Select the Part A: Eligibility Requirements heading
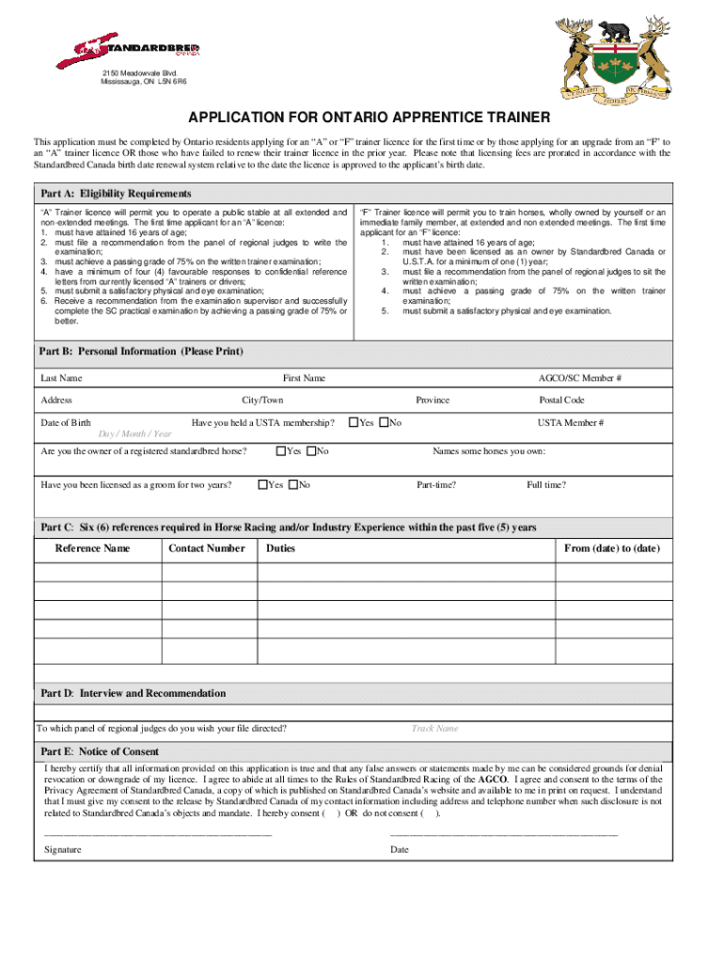click(116, 194)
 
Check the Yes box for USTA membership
click(354, 423)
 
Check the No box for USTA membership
click(383, 423)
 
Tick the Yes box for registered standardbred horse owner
click(281, 451)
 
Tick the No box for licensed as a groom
click(292, 485)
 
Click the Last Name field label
click(61, 378)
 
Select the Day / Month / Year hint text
click(135, 434)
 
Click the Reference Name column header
click(92, 548)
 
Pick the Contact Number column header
click(207, 548)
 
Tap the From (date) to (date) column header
click(611, 548)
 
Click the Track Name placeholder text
click(434, 729)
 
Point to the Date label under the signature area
click(400, 850)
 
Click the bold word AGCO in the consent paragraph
click(495, 780)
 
